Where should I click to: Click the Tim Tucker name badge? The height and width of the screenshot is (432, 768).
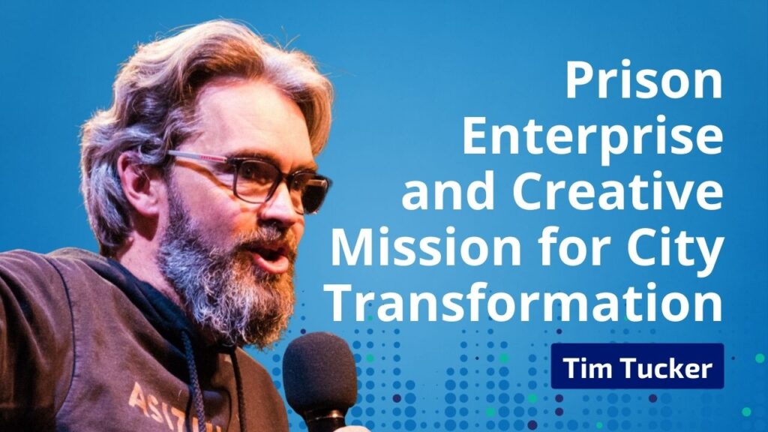[637, 366]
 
